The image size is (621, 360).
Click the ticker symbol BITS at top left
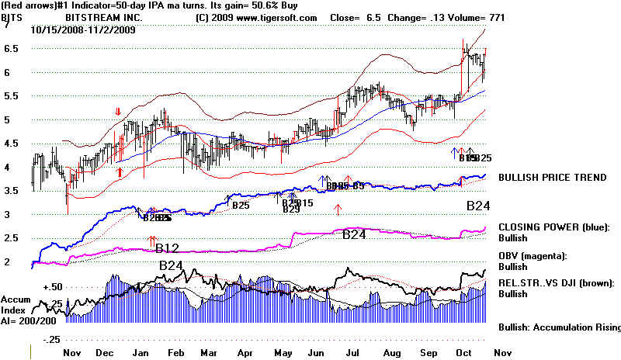coord(12,17)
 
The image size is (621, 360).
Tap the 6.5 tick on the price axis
coord(11,48)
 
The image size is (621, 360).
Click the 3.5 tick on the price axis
coord(11,191)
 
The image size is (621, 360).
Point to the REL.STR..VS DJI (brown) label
coord(557,284)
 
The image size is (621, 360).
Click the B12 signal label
coord(168,248)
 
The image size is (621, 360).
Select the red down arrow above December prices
coord(118,112)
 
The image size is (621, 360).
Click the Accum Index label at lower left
coord(14,305)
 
